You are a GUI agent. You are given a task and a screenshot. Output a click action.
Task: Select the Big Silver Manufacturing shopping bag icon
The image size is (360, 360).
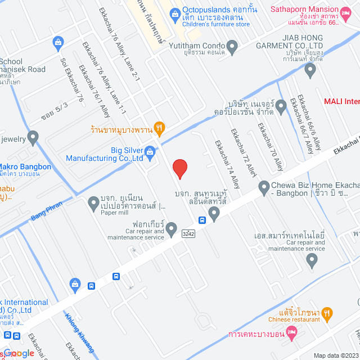click(x=150, y=151)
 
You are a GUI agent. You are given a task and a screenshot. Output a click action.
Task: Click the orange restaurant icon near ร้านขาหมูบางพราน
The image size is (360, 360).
click(x=160, y=129)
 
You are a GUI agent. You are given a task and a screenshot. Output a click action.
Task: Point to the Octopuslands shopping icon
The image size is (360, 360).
click(x=174, y=12)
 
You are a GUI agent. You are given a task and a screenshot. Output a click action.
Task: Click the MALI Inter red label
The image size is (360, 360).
click(x=341, y=101)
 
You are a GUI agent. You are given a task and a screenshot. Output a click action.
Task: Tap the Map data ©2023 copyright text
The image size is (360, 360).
click(x=335, y=355)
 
